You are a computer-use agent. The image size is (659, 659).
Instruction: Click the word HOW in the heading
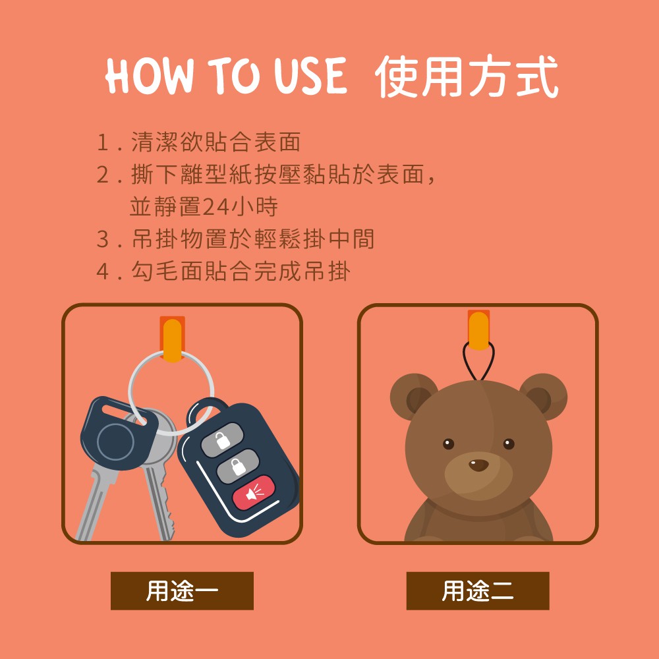[x=150, y=76]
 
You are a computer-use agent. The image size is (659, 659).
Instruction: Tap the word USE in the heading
[x=310, y=76]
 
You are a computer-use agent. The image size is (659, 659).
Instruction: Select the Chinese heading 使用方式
[x=467, y=76]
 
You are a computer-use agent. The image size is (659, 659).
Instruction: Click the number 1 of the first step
[x=103, y=142]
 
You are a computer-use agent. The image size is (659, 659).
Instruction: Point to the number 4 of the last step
[x=103, y=271]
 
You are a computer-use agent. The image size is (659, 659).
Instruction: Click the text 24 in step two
[x=217, y=207]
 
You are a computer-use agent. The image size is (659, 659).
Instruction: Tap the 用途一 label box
[x=182, y=590]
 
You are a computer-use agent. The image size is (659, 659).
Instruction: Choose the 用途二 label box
[x=477, y=590]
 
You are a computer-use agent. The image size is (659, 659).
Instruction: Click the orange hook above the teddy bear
[x=478, y=330]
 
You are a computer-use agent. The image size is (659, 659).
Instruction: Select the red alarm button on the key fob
[x=254, y=492]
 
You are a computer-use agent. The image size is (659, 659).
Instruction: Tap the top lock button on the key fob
[x=222, y=440]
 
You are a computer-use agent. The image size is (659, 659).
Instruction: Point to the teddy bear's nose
[x=478, y=465]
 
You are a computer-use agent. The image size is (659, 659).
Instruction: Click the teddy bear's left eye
[x=448, y=444]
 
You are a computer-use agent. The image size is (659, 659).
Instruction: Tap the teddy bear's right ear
[x=543, y=396]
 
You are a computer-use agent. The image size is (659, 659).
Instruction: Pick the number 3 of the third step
[x=103, y=239]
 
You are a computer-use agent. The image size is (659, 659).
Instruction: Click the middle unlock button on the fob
[x=238, y=467]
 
